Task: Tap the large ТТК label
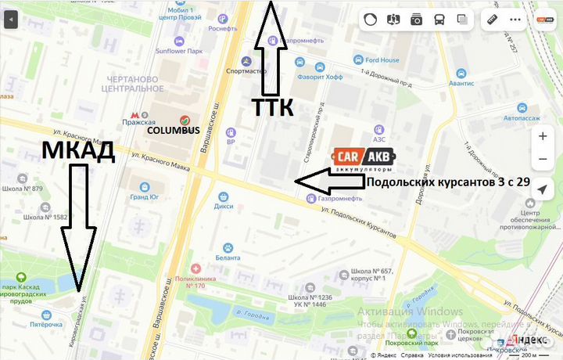[x=272, y=108]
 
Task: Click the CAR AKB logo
[x=364, y=160]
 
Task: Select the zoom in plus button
[x=543, y=135]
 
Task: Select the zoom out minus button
[x=543, y=160]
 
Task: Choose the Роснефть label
[x=223, y=29]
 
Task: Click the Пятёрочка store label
[x=46, y=323]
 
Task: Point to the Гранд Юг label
[x=144, y=197]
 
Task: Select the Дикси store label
[x=224, y=207]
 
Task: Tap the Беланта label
[x=228, y=257]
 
